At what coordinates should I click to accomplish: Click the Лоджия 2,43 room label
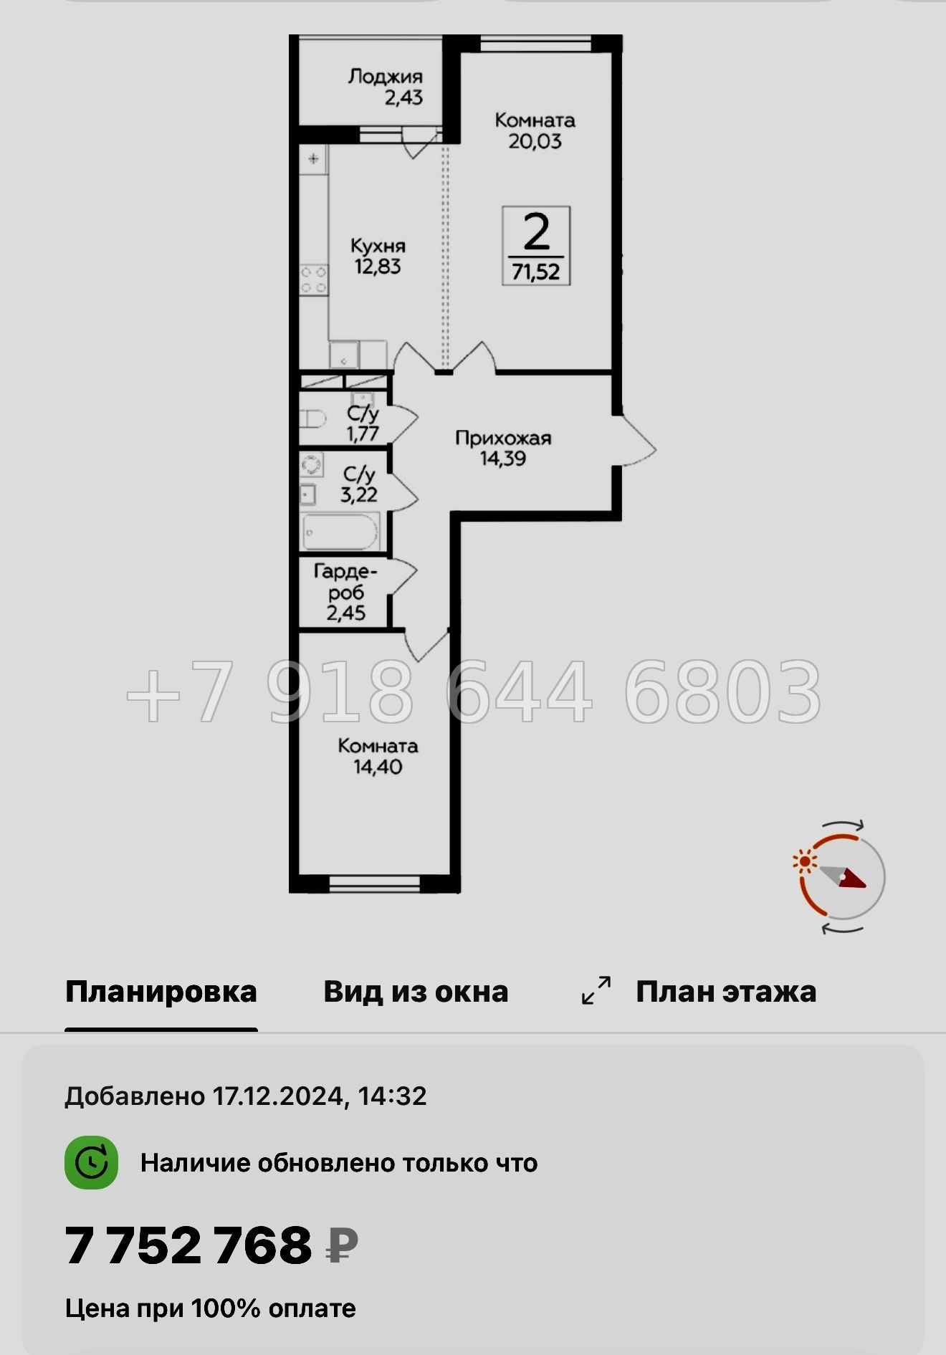pyautogui.click(x=386, y=87)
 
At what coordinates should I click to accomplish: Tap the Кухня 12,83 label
pyautogui.click(x=378, y=256)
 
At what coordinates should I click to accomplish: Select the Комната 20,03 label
pyautogui.click(x=535, y=130)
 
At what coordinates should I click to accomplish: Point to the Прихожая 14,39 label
pyautogui.click(x=503, y=448)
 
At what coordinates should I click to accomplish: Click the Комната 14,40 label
pyautogui.click(x=378, y=756)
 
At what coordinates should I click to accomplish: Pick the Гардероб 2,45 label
pyautogui.click(x=346, y=592)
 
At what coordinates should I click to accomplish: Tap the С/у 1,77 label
pyautogui.click(x=363, y=423)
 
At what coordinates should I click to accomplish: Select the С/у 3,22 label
pyautogui.click(x=358, y=484)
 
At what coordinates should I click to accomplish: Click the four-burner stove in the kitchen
pyautogui.click(x=313, y=279)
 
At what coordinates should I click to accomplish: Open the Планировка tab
pyautogui.click(x=161, y=992)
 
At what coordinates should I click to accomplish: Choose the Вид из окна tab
pyautogui.click(x=416, y=992)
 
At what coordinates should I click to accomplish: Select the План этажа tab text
pyautogui.click(x=726, y=992)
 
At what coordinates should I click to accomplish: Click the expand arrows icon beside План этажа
pyautogui.click(x=596, y=990)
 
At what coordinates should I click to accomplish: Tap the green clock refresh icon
pyautogui.click(x=92, y=1162)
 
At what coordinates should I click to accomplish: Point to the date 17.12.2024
pyautogui.click(x=279, y=1096)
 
